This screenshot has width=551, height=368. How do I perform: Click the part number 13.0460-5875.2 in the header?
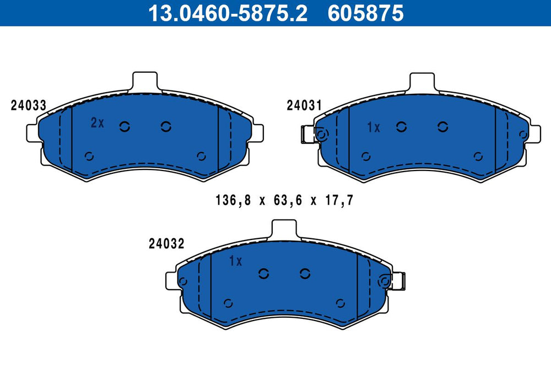pos(228,13)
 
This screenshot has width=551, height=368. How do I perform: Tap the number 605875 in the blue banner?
pos(365,13)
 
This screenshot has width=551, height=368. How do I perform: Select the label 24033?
pos(29,105)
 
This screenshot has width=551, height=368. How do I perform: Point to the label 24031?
pos(304,105)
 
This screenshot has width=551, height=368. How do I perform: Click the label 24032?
pos(166,243)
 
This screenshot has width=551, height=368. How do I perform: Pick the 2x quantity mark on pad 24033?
pos(98,122)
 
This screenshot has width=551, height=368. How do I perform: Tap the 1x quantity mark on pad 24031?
pos(374,127)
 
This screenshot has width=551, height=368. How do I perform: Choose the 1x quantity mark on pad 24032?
pos(235,261)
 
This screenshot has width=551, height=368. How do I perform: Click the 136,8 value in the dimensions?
pos(233,200)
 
